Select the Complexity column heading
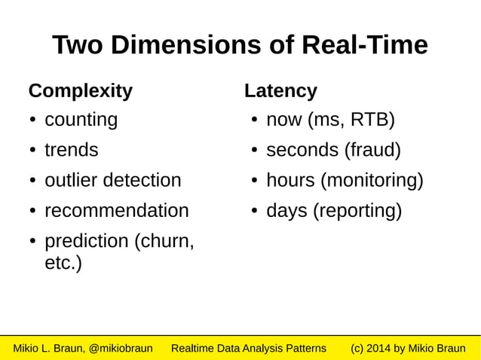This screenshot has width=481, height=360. coord(80,91)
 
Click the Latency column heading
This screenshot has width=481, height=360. coord(280,91)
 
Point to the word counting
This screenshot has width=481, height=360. coord(81,121)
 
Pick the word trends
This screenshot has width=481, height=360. coord(72,150)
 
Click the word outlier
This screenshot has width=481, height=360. coord(71,181)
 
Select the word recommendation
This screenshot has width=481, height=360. coord(117,211)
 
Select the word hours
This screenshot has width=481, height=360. coord(291,181)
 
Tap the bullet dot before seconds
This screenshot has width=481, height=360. coord(256,151)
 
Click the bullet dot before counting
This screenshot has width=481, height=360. coord(34,121)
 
